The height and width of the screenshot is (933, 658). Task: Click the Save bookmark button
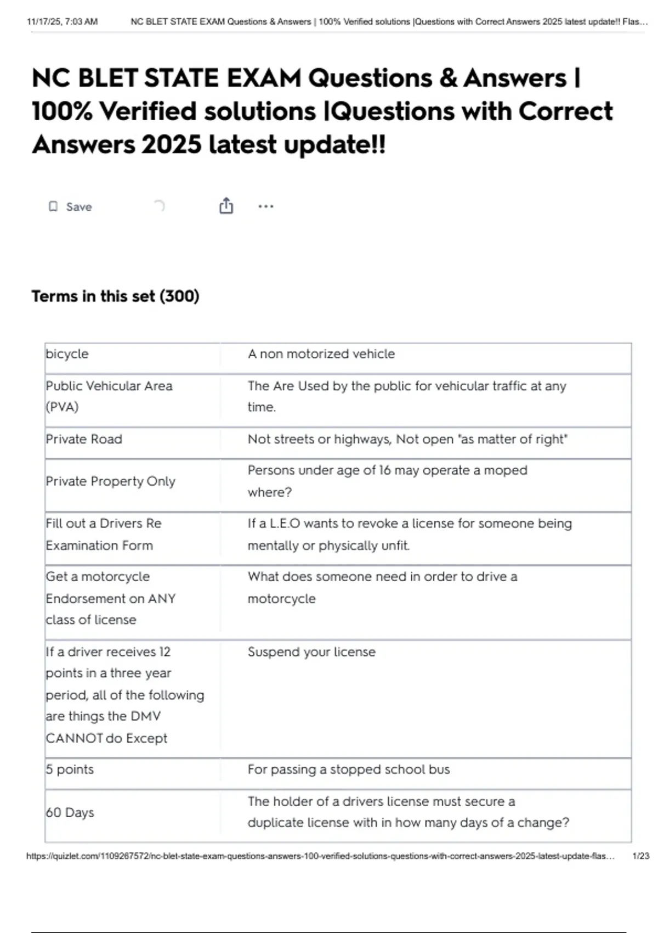click(70, 207)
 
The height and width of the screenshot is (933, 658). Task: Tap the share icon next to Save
click(226, 206)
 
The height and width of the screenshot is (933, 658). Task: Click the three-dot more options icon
click(265, 207)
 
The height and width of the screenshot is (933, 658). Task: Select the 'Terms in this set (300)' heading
click(115, 296)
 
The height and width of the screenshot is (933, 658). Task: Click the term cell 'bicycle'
click(67, 354)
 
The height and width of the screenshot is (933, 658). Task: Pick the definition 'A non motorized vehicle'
click(321, 354)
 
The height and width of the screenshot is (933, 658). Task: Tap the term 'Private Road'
click(84, 439)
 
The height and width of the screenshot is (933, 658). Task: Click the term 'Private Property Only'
click(110, 481)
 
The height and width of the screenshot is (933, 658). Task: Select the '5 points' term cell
click(70, 769)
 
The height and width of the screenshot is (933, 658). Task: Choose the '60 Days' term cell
click(70, 812)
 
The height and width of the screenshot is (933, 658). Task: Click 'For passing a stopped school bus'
click(348, 769)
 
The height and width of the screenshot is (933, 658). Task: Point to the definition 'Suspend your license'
click(311, 652)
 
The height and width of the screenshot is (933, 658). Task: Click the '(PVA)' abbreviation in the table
click(62, 407)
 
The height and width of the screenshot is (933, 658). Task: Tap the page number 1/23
click(640, 856)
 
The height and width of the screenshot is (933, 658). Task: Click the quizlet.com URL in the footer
click(320, 856)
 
